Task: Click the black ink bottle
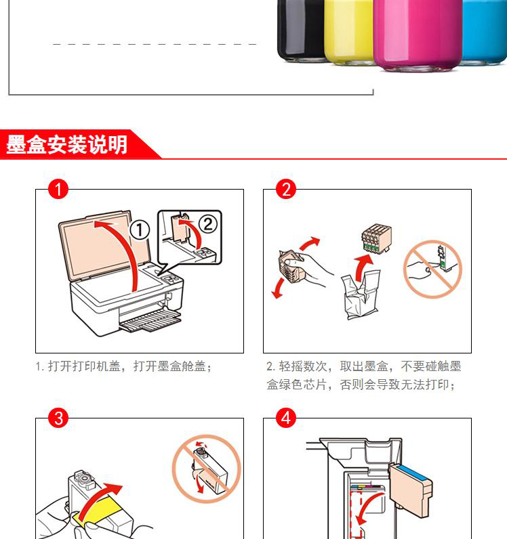300,30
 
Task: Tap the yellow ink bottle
348,32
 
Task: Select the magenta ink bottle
418,35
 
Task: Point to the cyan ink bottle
485,32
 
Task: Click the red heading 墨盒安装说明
67,145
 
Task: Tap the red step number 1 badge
58,189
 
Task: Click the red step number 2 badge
286,189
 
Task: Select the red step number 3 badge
58,418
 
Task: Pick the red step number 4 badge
286,418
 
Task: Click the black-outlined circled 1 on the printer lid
140,230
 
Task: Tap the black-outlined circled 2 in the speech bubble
207,224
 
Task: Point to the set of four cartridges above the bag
376,237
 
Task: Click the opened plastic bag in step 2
361,295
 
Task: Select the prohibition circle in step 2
432,269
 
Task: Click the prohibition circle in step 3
206,469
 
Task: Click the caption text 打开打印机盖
84,366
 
